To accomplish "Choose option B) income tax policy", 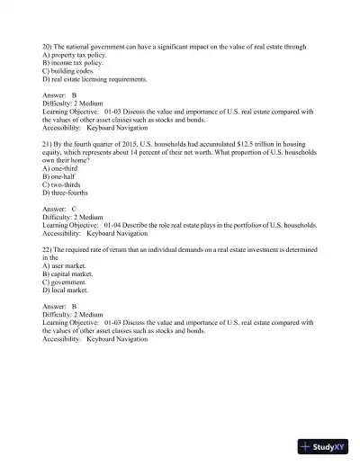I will (x=73, y=64).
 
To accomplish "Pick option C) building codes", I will (x=67, y=71).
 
